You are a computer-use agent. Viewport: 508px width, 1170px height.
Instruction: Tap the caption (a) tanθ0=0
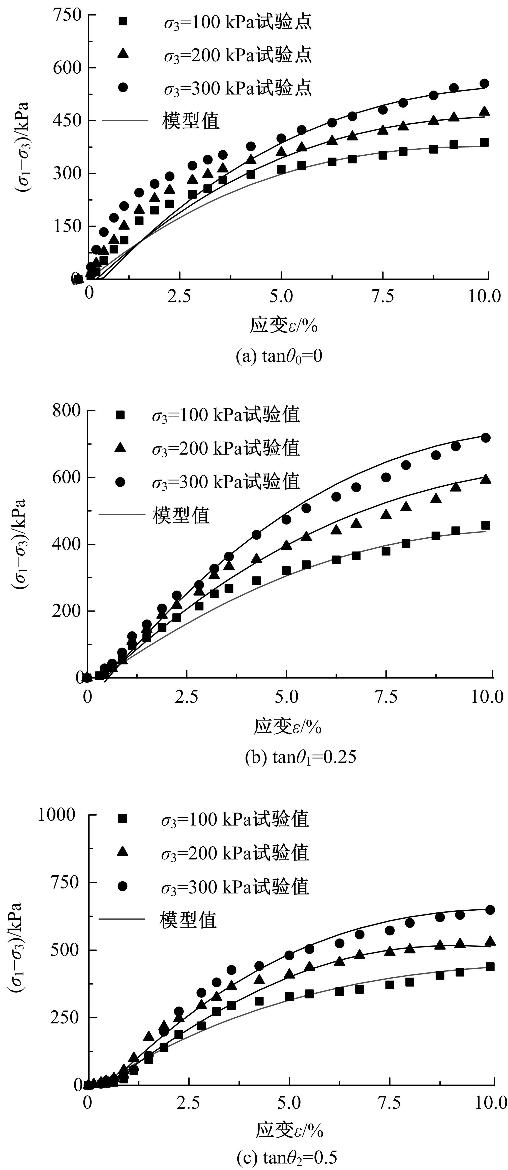click(279, 356)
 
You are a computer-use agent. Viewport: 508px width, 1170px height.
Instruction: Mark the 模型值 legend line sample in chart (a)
click(125, 120)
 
